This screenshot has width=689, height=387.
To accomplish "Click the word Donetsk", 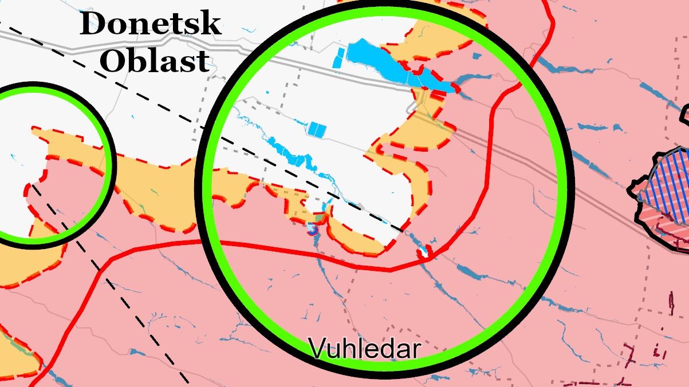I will pyautogui.click(x=150, y=25).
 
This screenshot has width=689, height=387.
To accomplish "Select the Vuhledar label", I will pyautogui.click(x=364, y=348).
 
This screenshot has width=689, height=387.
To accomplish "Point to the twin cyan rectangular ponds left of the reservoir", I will pyautogui.click(x=339, y=58).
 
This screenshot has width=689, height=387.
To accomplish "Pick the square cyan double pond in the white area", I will pyautogui.click(x=317, y=129).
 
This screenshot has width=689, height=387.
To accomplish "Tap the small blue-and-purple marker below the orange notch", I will pyautogui.click(x=312, y=230).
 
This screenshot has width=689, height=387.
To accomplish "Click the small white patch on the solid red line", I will pyautogui.click(x=424, y=252).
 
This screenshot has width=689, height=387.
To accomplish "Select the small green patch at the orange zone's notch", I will pyautogui.click(x=318, y=218).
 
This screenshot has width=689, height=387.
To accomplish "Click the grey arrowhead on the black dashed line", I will pyautogui.click(x=361, y=206).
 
